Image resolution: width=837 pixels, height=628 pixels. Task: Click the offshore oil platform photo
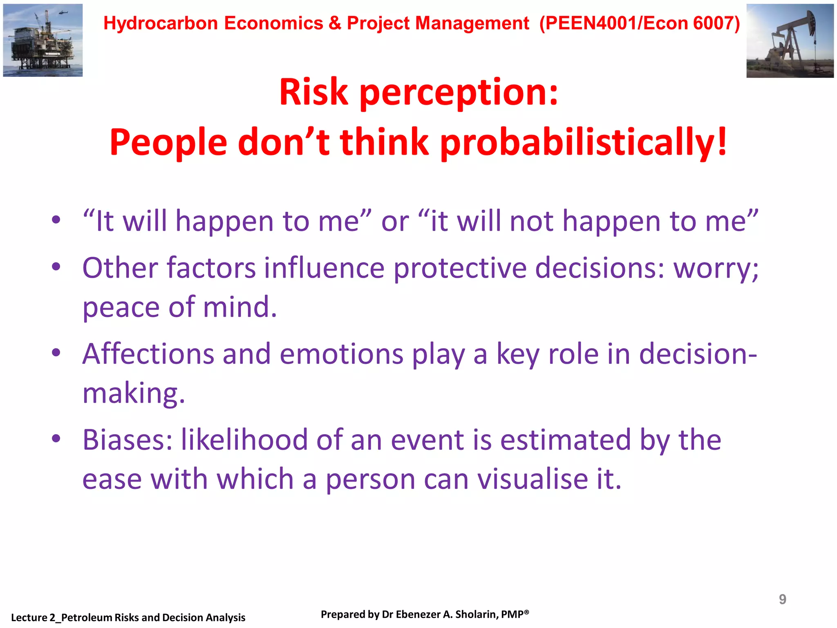43,40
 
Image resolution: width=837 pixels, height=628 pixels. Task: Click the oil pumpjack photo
790,41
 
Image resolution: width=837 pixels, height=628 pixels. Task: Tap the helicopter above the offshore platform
63,13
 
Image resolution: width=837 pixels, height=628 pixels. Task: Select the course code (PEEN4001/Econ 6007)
640,23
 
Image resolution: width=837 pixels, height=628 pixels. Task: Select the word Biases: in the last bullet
127,440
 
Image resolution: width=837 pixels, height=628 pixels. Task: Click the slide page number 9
782,599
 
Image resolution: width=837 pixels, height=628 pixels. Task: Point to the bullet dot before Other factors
56,267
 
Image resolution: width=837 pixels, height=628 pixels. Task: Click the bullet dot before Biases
56,439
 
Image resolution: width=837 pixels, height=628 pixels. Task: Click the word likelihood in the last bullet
244,440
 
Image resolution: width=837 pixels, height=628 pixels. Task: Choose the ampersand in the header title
335,23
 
